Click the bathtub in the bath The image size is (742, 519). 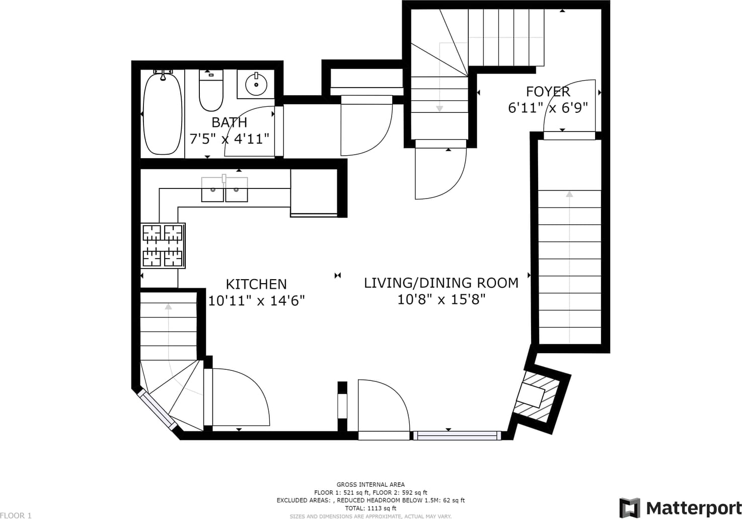point(162,113)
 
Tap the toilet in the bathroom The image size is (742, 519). point(211,91)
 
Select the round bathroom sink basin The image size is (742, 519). point(256,85)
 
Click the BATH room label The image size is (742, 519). point(229,122)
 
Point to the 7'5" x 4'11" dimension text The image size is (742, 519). point(229,139)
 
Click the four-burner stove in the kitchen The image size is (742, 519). point(163,246)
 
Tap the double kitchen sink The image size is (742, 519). point(225,189)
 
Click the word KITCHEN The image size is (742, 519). point(256,284)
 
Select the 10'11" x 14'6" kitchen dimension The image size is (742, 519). point(256,301)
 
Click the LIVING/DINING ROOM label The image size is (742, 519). point(441,283)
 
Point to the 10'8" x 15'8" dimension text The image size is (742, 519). point(441,299)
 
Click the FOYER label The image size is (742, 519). point(548,92)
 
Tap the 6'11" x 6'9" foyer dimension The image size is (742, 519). point(548,108)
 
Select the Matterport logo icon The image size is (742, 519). point(630,508)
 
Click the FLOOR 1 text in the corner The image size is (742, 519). point(16,515)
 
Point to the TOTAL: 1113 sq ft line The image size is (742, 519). point(370,508)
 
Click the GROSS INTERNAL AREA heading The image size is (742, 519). point(370,485)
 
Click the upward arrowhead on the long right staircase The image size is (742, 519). point(569,194)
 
